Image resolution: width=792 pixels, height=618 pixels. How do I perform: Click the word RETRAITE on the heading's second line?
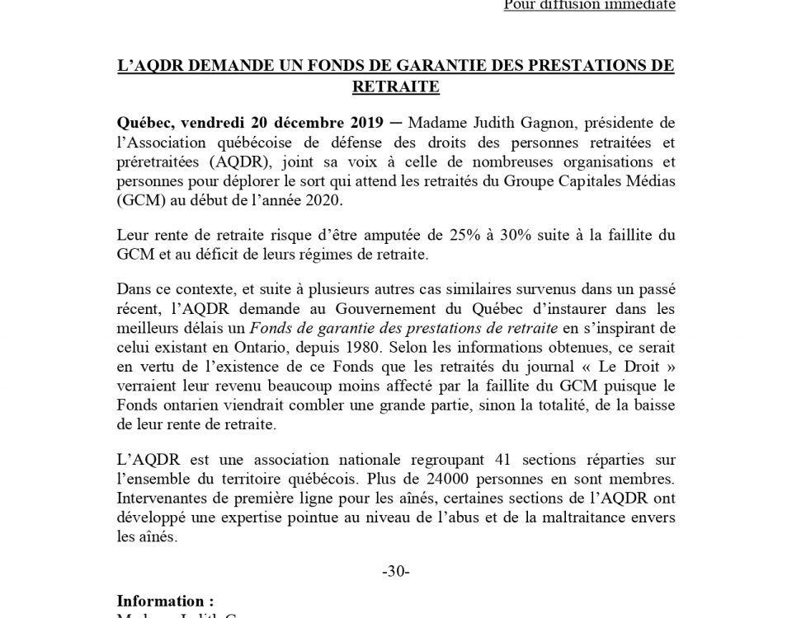[395, 85]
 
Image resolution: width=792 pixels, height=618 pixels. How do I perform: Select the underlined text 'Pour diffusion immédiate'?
[589, 5]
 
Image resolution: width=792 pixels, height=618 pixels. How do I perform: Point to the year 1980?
[365, 349]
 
